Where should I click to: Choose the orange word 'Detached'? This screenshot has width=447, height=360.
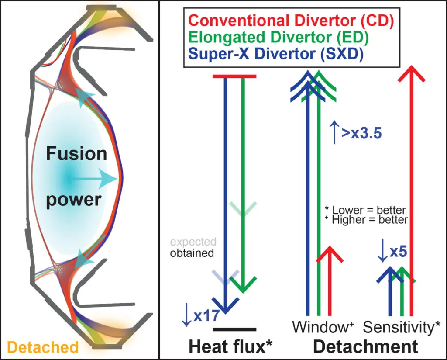click(x=43, y=347)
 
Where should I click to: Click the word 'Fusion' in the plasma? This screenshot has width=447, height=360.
click(x=76, y=154)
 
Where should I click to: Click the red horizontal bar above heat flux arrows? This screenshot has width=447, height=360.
click(x=234, y=76)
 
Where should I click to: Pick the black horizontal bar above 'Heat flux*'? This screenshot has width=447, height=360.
click(x=234, y=329)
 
